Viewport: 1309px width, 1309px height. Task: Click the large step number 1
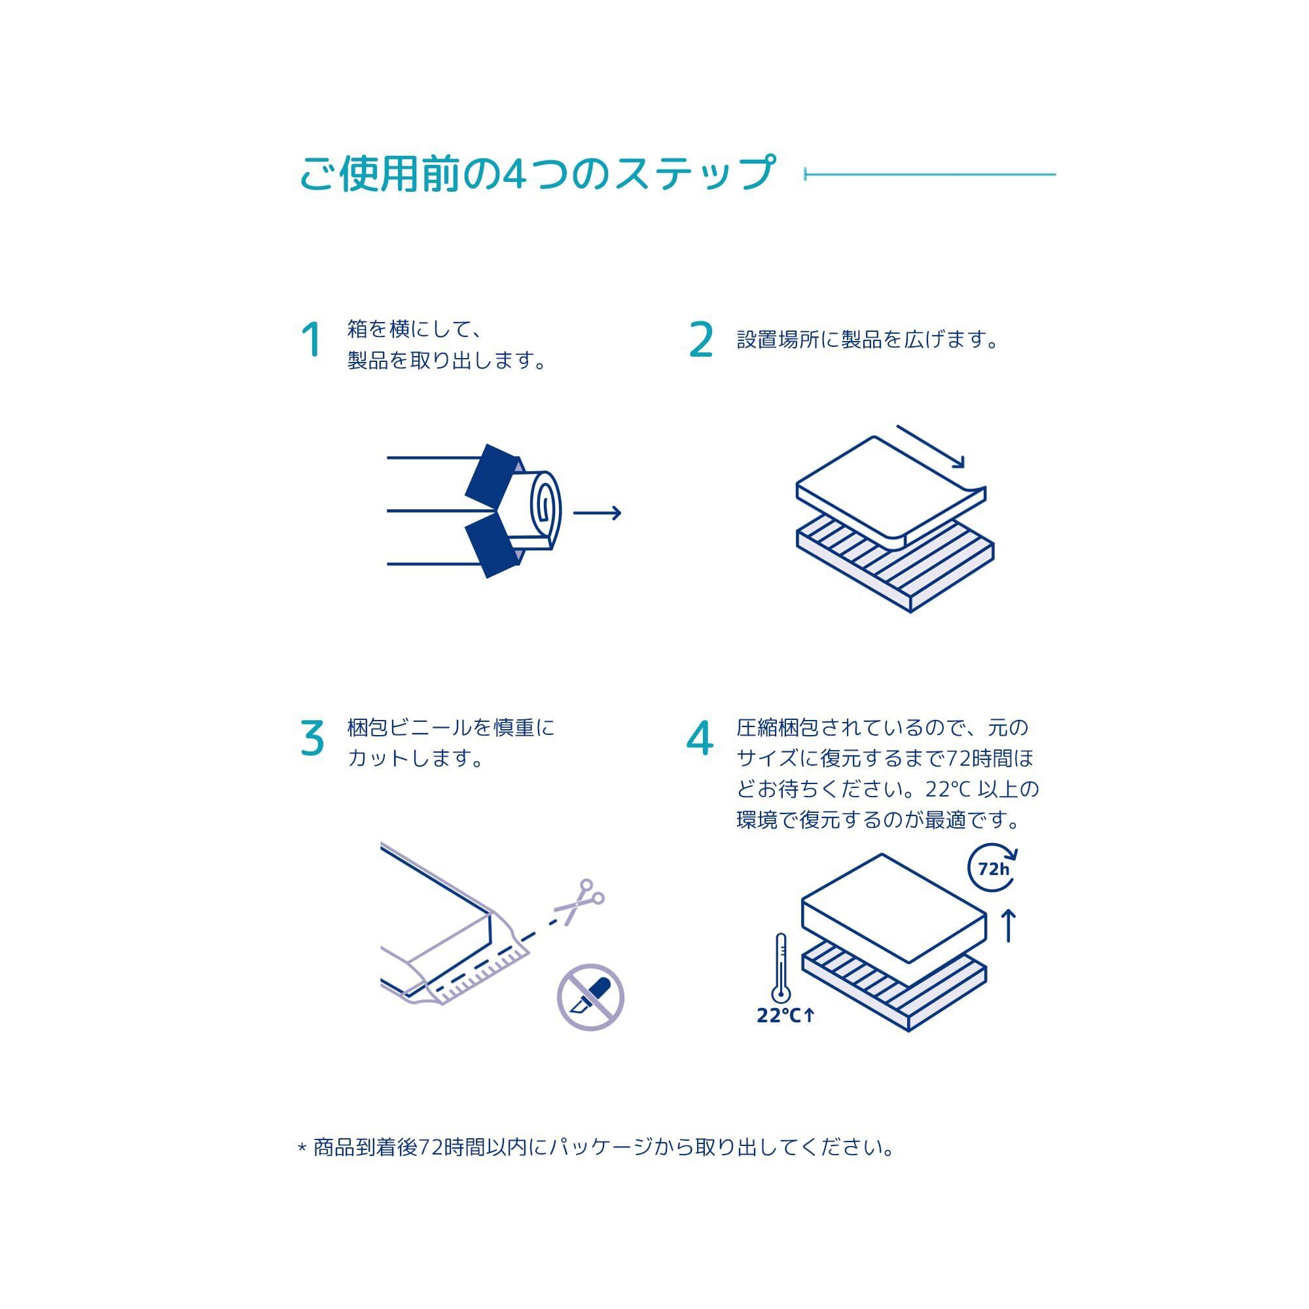pos(312,340)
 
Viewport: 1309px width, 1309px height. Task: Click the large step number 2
pos(701,340)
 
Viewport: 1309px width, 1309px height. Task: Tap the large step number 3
pos(312,738)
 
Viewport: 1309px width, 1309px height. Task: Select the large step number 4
pos(700,738)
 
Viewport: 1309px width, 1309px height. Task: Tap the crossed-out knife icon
pos(590,998)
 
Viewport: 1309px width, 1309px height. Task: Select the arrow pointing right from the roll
pos(597,513)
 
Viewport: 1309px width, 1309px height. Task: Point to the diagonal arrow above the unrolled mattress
pos(929,446)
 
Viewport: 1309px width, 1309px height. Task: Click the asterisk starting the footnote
pos(302,1148)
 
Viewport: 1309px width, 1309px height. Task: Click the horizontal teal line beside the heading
pos(929,175)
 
